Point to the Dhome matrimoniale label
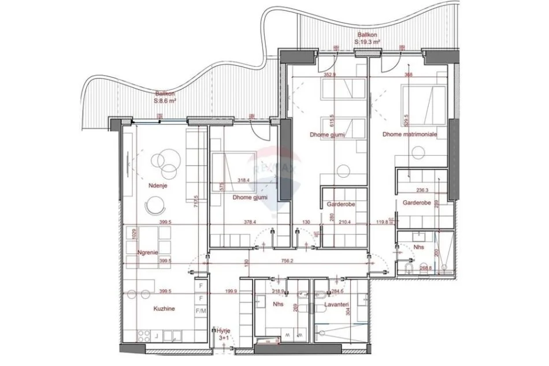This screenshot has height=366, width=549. (x=409, y=135)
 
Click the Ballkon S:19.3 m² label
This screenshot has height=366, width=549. (x=368, y=38)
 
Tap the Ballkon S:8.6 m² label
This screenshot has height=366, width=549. (x=165, y=97)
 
